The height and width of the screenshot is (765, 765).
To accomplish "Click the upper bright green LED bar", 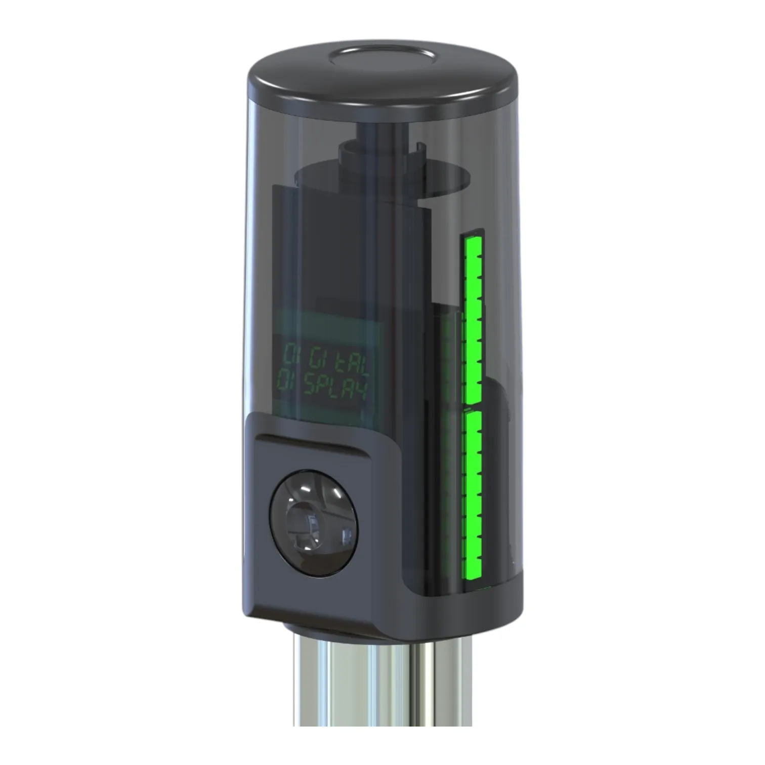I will [x=473, y=319].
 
